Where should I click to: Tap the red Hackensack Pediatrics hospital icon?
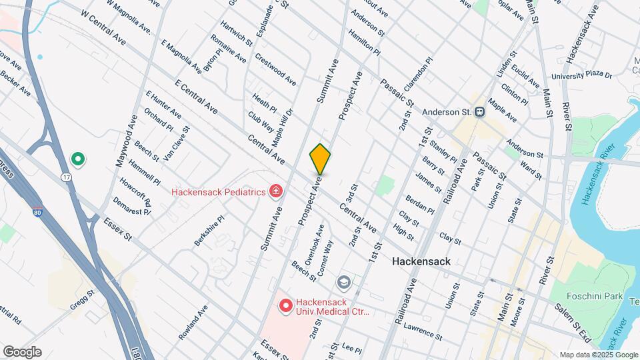pyautogui.click(x=275, y=192)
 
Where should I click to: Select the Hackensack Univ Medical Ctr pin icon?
pyautogui.click(x=286, y=306)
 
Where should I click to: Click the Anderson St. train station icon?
pyautogui.click(x=479, y=112)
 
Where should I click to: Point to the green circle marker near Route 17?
pyautogui.click(x=77, y=159)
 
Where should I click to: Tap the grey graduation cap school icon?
pyautogui.click(x=344, y=282)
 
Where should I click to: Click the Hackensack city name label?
pyautogui.click(x=421, y=262)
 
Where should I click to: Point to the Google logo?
pyautogui.click(x=21, y=351)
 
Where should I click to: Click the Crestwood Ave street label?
pyautogui.click(x=275, y=69)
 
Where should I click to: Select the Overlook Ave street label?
pyautogui.click(x=314, y=243)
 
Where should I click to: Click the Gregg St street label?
pyautogui.click(x=83, y=300)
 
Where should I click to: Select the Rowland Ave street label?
pyautogui.click(x=193, y=322)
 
